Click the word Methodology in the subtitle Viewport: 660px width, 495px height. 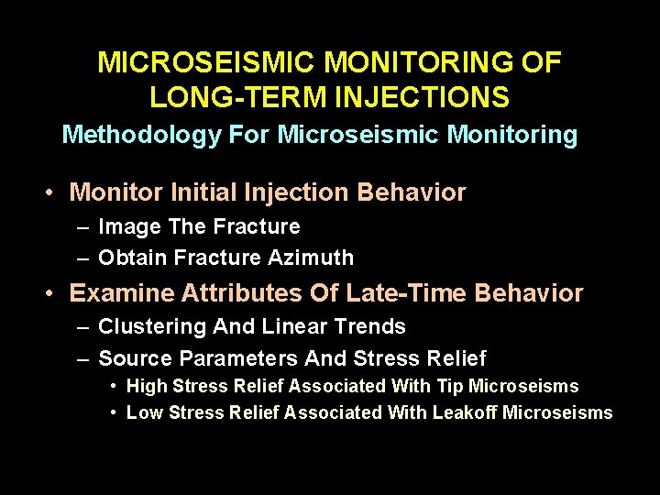(141, 135)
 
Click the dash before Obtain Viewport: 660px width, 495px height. (83, 258)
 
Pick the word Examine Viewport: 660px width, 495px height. (121, 293)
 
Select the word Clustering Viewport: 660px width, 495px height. (152, 326)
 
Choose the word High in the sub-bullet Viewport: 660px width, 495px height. (145, 386)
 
